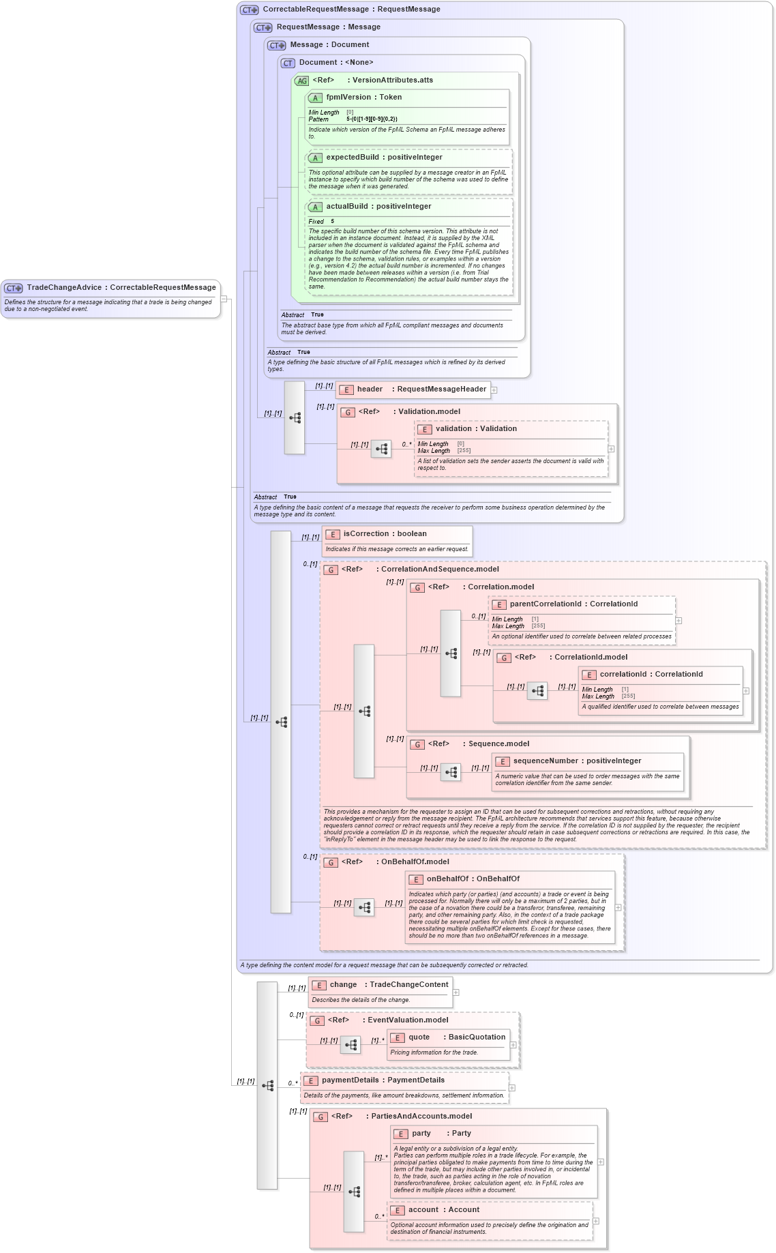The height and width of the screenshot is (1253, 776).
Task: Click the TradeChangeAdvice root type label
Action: (121, 288)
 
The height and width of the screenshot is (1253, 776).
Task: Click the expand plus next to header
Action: (494, 390)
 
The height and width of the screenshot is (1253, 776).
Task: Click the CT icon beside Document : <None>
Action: (288, 63)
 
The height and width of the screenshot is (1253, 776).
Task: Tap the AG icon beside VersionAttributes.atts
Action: (301, 80)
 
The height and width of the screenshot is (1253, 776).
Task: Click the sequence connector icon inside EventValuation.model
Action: (350, 1045)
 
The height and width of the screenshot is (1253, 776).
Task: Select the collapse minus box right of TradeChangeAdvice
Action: (224, 299)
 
